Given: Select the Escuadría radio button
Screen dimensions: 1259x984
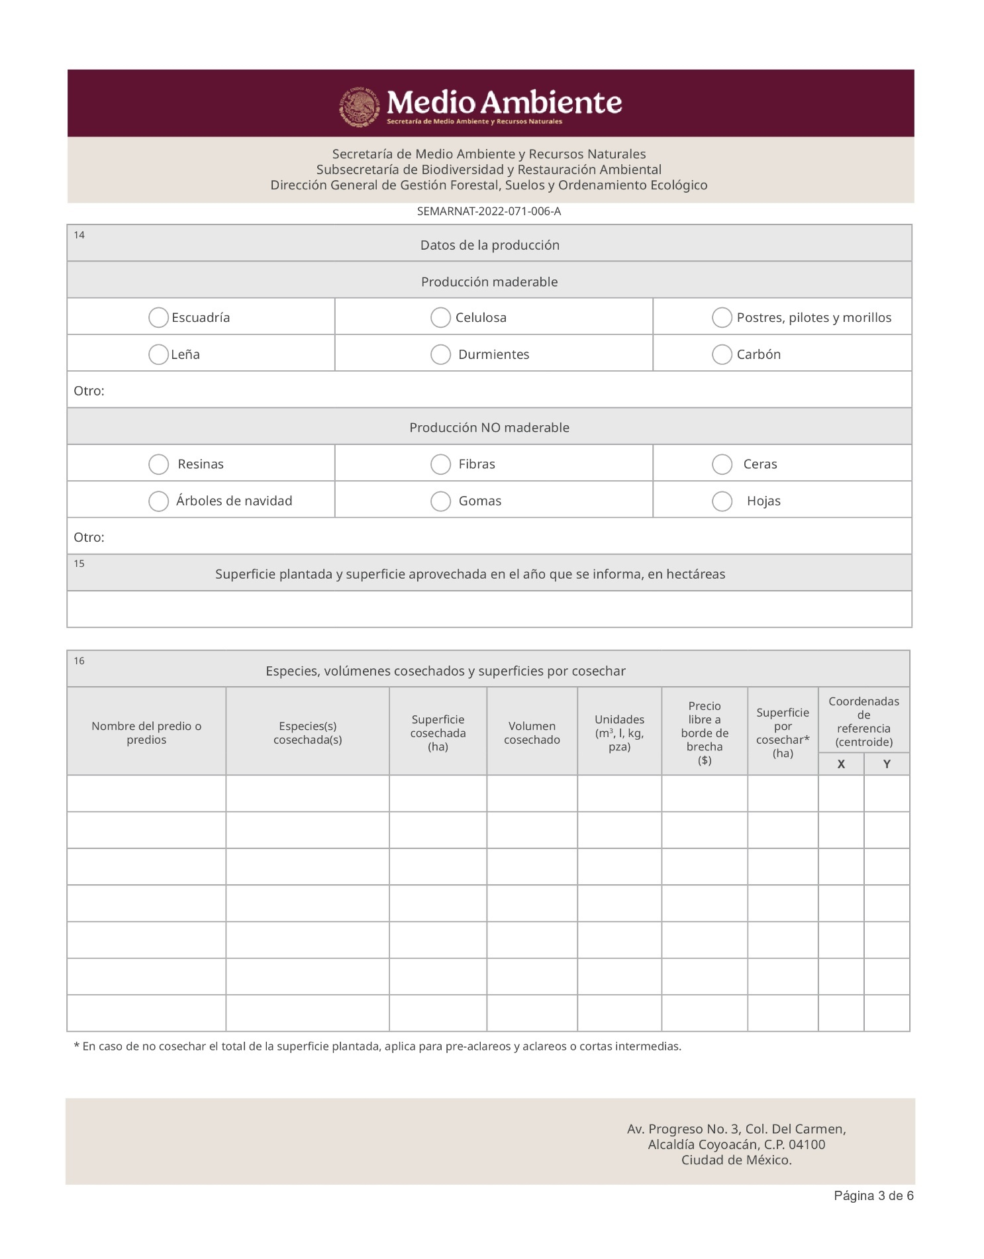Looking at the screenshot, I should coord(158,317).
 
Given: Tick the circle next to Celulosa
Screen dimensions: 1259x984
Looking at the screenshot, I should coord(440,317).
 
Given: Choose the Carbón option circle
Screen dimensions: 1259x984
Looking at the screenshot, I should coord(722,354).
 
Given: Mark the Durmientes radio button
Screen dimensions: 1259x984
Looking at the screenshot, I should coord(440,354).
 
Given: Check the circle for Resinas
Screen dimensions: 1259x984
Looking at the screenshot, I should coord(158,464).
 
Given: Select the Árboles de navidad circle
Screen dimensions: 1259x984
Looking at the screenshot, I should coord(158,501).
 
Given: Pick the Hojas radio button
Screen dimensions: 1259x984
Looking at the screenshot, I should coord(722,501).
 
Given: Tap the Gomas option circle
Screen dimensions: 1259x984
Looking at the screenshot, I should coord(440,501).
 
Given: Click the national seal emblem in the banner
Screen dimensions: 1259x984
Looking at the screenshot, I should coord(360,106).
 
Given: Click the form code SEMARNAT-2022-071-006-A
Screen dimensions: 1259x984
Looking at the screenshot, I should coord(489,211).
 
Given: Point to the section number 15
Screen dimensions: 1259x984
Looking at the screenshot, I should coord(79,564).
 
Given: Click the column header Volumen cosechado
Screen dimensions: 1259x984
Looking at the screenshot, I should coord(532,732).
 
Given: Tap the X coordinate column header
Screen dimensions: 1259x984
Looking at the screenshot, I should coord(841,764).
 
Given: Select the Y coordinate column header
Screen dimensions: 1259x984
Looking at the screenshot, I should coord(887,764).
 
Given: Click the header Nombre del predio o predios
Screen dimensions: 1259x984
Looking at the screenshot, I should coord(146,732).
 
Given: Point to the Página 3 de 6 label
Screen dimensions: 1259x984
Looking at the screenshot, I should coord(873,1195).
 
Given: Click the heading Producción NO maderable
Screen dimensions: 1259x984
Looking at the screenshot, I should coord(489,427).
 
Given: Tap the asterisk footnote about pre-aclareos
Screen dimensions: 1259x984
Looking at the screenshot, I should coord(377,1046).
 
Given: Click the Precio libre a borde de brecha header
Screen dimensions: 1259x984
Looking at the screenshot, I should coord(705,732).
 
